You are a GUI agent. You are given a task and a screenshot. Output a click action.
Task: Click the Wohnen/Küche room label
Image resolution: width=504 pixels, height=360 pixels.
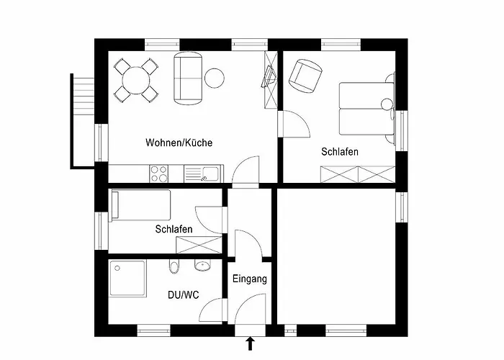tap(179, 143)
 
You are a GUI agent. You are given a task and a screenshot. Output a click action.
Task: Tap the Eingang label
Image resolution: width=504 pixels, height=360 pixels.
tap(250, 279)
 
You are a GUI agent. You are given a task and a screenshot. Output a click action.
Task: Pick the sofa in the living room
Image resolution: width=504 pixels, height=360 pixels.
tap(188, 78)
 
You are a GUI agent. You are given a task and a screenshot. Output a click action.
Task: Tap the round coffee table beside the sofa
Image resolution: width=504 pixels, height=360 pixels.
tap(215, 77)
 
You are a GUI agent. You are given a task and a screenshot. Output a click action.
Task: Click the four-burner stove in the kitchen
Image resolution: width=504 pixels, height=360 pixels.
tap(158, 173)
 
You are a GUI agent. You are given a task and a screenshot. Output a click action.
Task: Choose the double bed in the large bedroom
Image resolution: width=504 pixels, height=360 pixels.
tap(366, 105)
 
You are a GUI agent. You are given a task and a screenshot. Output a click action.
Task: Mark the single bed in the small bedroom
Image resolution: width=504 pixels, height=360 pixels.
tap(140, 204)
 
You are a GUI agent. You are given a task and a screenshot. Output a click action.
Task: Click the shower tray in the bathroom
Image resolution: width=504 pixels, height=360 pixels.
tap(127, 278)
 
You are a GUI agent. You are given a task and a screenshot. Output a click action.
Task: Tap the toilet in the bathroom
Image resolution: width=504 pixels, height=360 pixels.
tap(173, 268)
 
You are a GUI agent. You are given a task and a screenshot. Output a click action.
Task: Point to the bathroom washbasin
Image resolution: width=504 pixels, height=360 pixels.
tap(202, 266)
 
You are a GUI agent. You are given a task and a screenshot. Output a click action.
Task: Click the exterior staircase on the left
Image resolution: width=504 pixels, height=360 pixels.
tap(84, 119)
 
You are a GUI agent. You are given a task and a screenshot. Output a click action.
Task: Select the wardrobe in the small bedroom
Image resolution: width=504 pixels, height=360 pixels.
tap(197, 243)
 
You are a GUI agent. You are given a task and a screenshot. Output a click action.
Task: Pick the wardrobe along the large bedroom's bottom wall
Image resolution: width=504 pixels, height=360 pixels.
tap(357, 174)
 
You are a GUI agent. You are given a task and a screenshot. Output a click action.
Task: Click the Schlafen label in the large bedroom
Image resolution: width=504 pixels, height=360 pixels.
tap(340, 152)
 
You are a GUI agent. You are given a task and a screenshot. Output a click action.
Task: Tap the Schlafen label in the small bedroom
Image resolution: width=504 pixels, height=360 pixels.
tap(174, 229)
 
